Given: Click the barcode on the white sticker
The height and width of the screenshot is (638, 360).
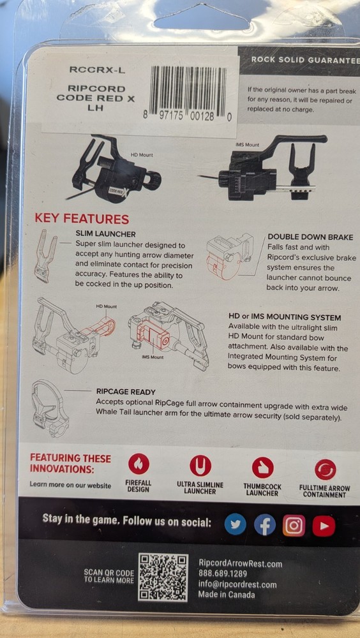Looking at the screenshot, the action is click(188, 91).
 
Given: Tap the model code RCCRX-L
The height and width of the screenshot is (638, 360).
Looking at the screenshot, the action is click(97, 70).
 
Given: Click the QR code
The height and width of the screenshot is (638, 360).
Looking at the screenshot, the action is click(163, 577).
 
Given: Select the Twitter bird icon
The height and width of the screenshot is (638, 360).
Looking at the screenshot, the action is click(236, 526).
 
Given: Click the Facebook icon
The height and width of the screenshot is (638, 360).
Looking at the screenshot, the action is click(265, 526).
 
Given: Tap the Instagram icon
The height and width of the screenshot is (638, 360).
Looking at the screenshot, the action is click(294, 526).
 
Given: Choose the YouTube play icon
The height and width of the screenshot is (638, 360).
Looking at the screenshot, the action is click(324, 526).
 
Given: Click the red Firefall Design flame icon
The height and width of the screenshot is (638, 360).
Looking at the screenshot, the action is click(139, 464).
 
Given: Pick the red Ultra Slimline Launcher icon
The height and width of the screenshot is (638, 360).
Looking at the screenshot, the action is click(200, 465).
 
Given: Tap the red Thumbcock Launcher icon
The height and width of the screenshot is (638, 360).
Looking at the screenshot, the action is click(263, 468).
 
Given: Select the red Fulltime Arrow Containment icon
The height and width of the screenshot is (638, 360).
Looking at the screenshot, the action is click(326, 470).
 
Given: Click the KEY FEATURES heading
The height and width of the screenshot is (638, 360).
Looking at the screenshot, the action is click(82, 219).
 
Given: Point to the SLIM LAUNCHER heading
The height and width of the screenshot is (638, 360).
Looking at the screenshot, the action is click(105, 234).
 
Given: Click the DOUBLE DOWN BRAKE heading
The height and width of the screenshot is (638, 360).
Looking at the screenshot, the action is click(310, 237).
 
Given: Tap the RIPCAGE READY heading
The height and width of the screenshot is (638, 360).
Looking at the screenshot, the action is click(126, 392).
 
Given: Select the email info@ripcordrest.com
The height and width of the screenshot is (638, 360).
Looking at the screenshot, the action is click(237, 584).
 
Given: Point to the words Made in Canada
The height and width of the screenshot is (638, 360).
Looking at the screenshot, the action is click(227, 595).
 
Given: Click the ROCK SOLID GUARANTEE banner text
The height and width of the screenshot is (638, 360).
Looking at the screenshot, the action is click(306, 60).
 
